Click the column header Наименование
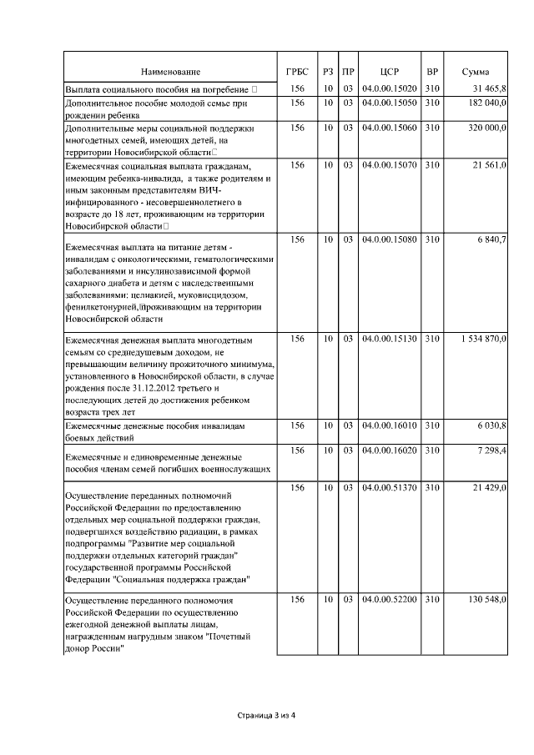click(170, 73)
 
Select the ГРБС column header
click(297, 73)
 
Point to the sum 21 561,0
click(488, 166)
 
